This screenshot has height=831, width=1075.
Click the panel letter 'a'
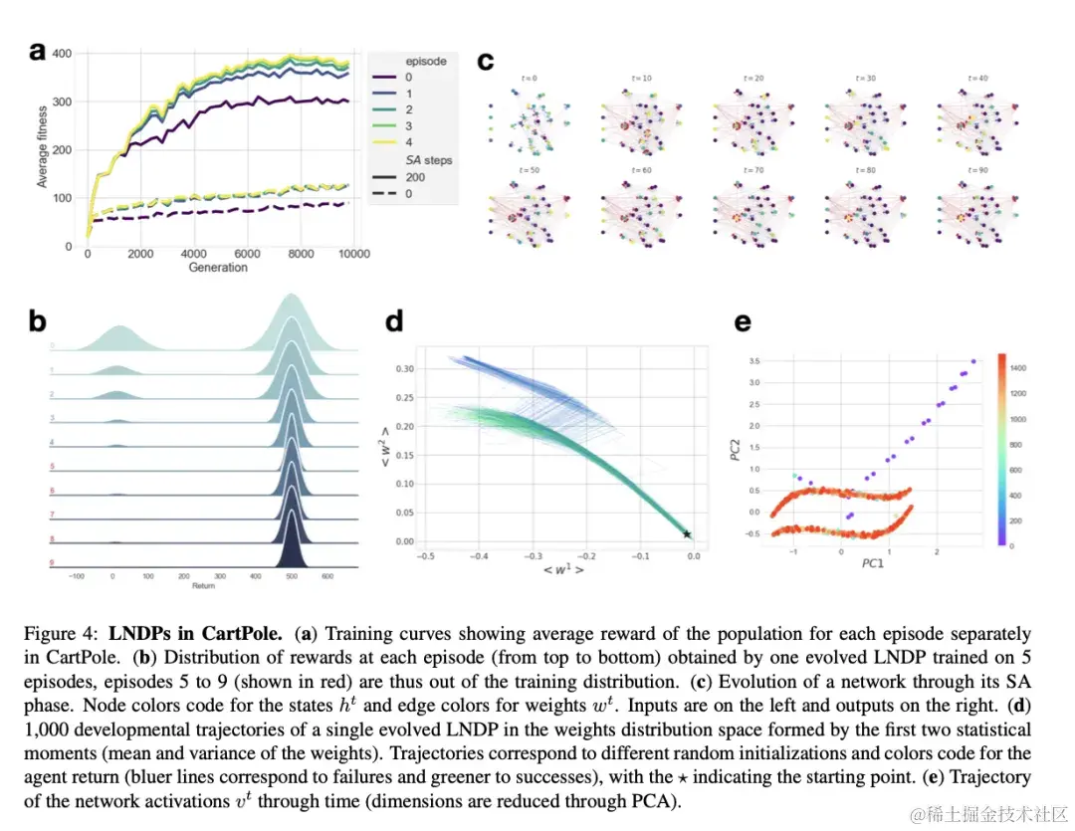tap(38, 52)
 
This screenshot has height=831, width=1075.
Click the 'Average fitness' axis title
tap(42, 146)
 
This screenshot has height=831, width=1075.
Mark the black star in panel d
tap(687, 535)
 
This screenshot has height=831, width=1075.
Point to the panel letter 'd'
tap(394, 320)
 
